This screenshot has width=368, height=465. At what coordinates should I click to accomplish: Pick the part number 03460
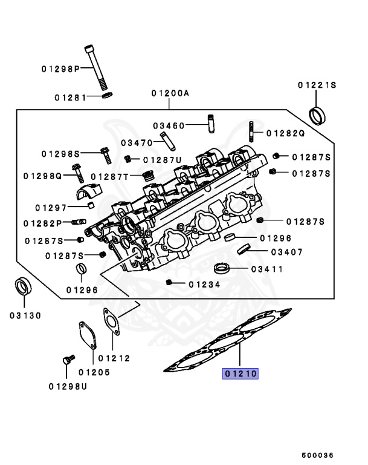169,125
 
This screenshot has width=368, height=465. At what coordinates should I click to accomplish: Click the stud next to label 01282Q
250,131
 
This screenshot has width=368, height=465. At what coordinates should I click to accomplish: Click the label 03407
286,252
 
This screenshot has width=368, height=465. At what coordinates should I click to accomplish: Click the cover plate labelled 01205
87,336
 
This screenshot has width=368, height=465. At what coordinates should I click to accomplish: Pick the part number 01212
114,358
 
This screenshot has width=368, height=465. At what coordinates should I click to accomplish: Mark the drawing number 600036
318,455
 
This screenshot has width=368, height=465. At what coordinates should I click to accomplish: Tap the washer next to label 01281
106,95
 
